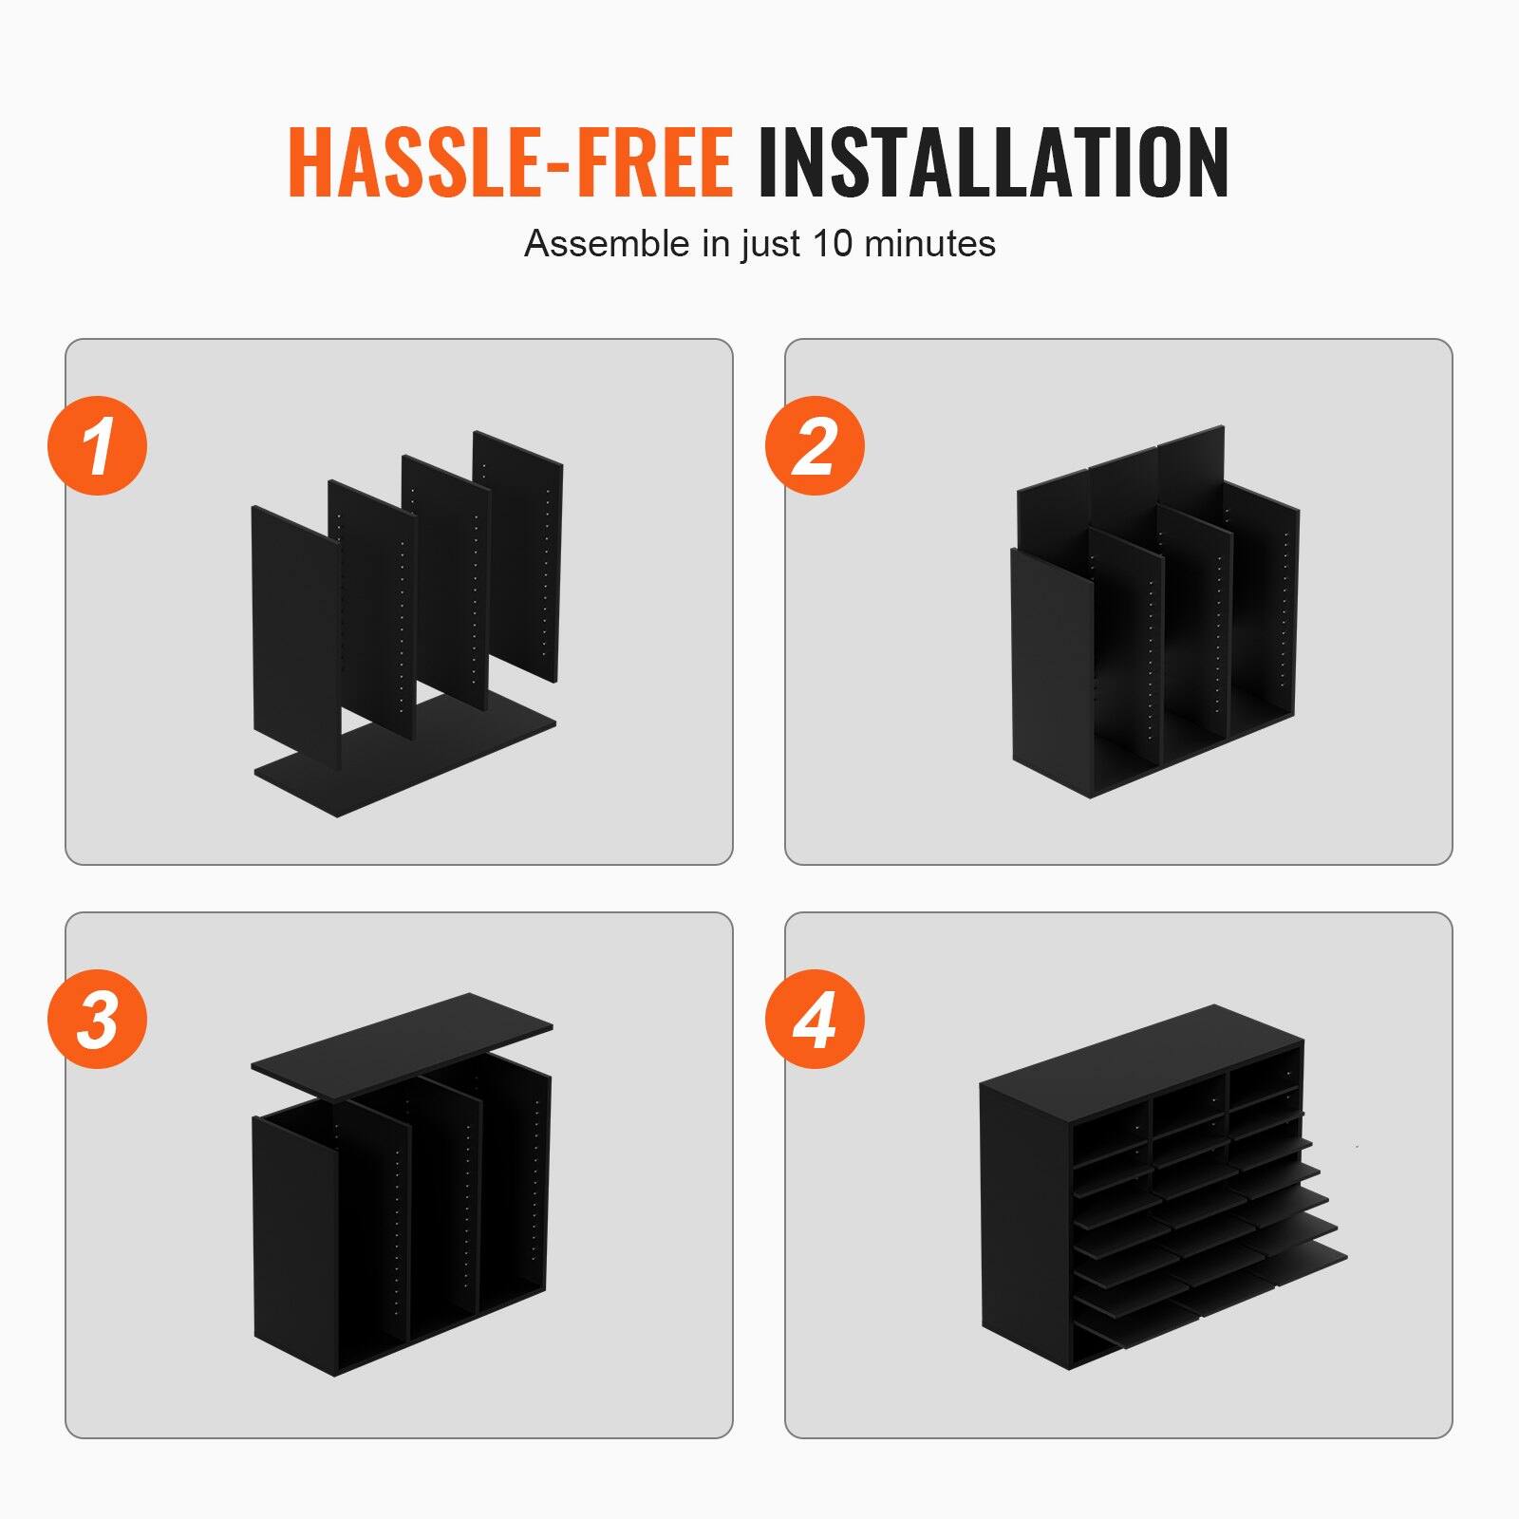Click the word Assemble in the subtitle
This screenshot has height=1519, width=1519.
click(607, 244)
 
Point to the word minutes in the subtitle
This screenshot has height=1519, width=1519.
click(929, 244)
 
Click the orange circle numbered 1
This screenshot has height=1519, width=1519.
click(98, 445)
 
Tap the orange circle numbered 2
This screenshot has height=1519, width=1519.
click(815, 445)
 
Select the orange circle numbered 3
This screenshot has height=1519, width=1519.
click(98, 1019)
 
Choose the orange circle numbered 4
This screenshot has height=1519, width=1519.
click(815, 1019)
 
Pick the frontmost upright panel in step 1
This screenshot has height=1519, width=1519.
click(294, 627)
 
